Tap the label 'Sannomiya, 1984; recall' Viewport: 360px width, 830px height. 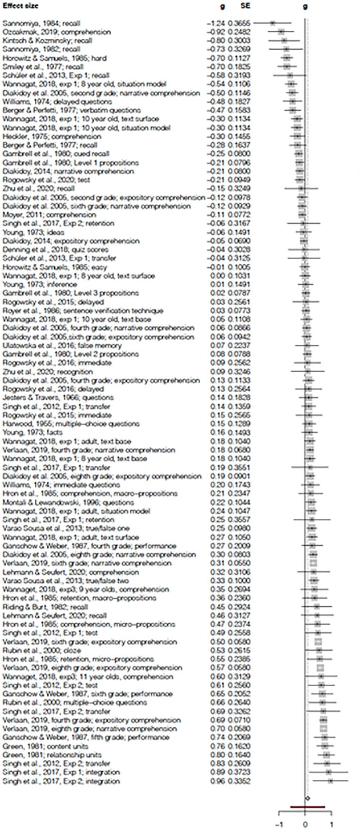pos(35,23)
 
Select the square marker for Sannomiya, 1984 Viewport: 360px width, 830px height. pos(272,23)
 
